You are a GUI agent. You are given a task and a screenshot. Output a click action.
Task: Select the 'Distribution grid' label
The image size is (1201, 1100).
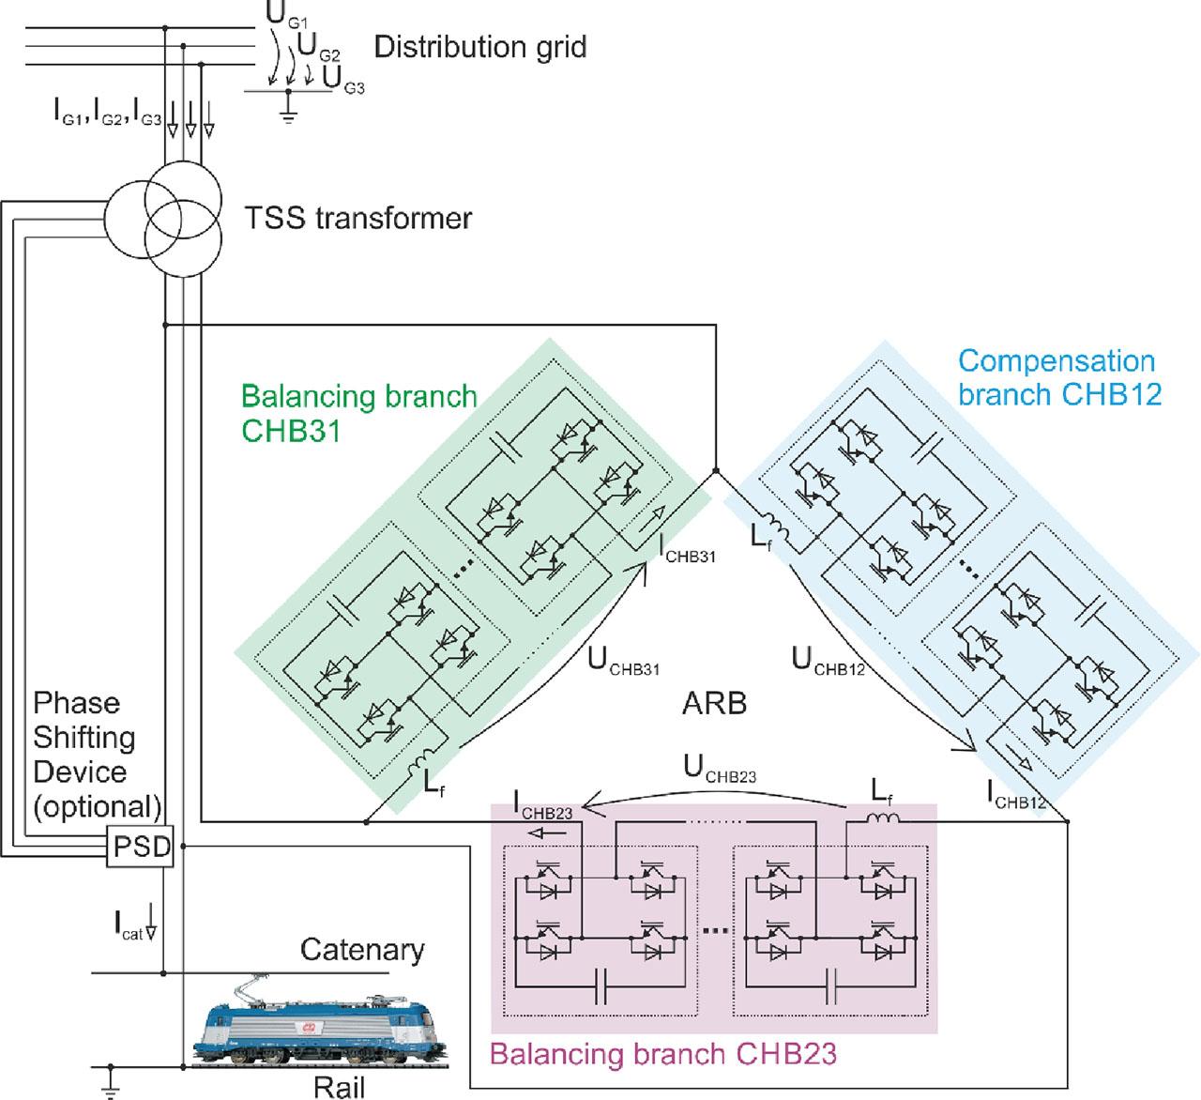(480, 47)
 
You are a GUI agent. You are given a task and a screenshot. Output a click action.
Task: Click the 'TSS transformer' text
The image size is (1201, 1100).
(357, 219)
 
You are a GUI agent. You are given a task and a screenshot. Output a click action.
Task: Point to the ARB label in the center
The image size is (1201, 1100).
(715, 703)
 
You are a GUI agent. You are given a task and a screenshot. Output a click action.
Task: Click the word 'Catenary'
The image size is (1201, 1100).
(362, 950)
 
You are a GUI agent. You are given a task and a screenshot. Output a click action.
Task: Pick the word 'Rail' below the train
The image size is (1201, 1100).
(340, 1087)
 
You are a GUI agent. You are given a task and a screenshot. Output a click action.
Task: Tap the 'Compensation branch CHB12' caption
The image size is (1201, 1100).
(1059, 377)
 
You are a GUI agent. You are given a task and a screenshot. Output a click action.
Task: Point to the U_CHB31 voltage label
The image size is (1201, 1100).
(624, 663)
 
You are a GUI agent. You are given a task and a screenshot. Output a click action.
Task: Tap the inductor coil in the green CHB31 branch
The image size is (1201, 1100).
(427, 756)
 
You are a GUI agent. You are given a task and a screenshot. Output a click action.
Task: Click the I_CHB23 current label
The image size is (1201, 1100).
(543, 805)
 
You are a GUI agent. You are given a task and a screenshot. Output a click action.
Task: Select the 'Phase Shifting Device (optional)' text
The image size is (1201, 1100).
(96, 755)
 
